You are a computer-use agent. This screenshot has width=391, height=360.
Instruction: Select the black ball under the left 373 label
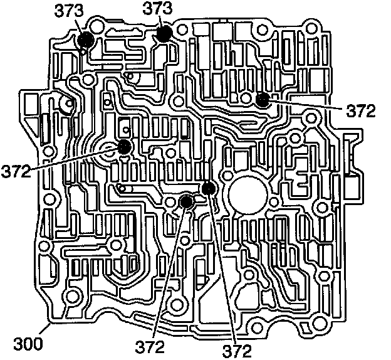click(85, 40)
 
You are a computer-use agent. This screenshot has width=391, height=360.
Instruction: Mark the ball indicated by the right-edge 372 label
click(263, 98)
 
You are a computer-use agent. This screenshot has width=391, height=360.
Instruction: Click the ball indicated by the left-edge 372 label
click(124, 147)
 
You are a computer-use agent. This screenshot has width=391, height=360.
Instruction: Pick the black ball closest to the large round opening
click(208, 188)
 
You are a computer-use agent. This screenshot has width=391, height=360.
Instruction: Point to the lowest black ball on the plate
click(185, 202)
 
